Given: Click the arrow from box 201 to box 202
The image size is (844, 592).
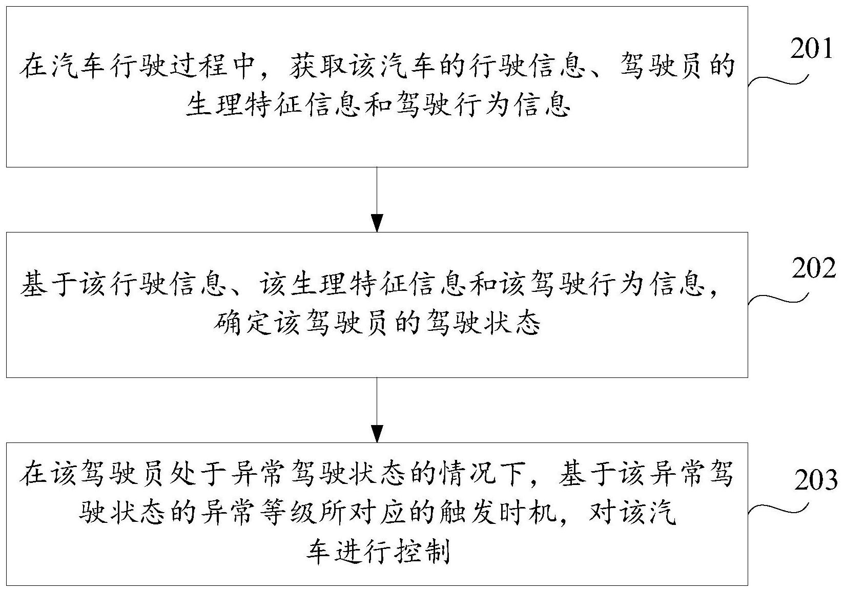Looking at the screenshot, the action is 377,200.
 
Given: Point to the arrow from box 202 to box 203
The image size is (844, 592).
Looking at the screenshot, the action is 377,410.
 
